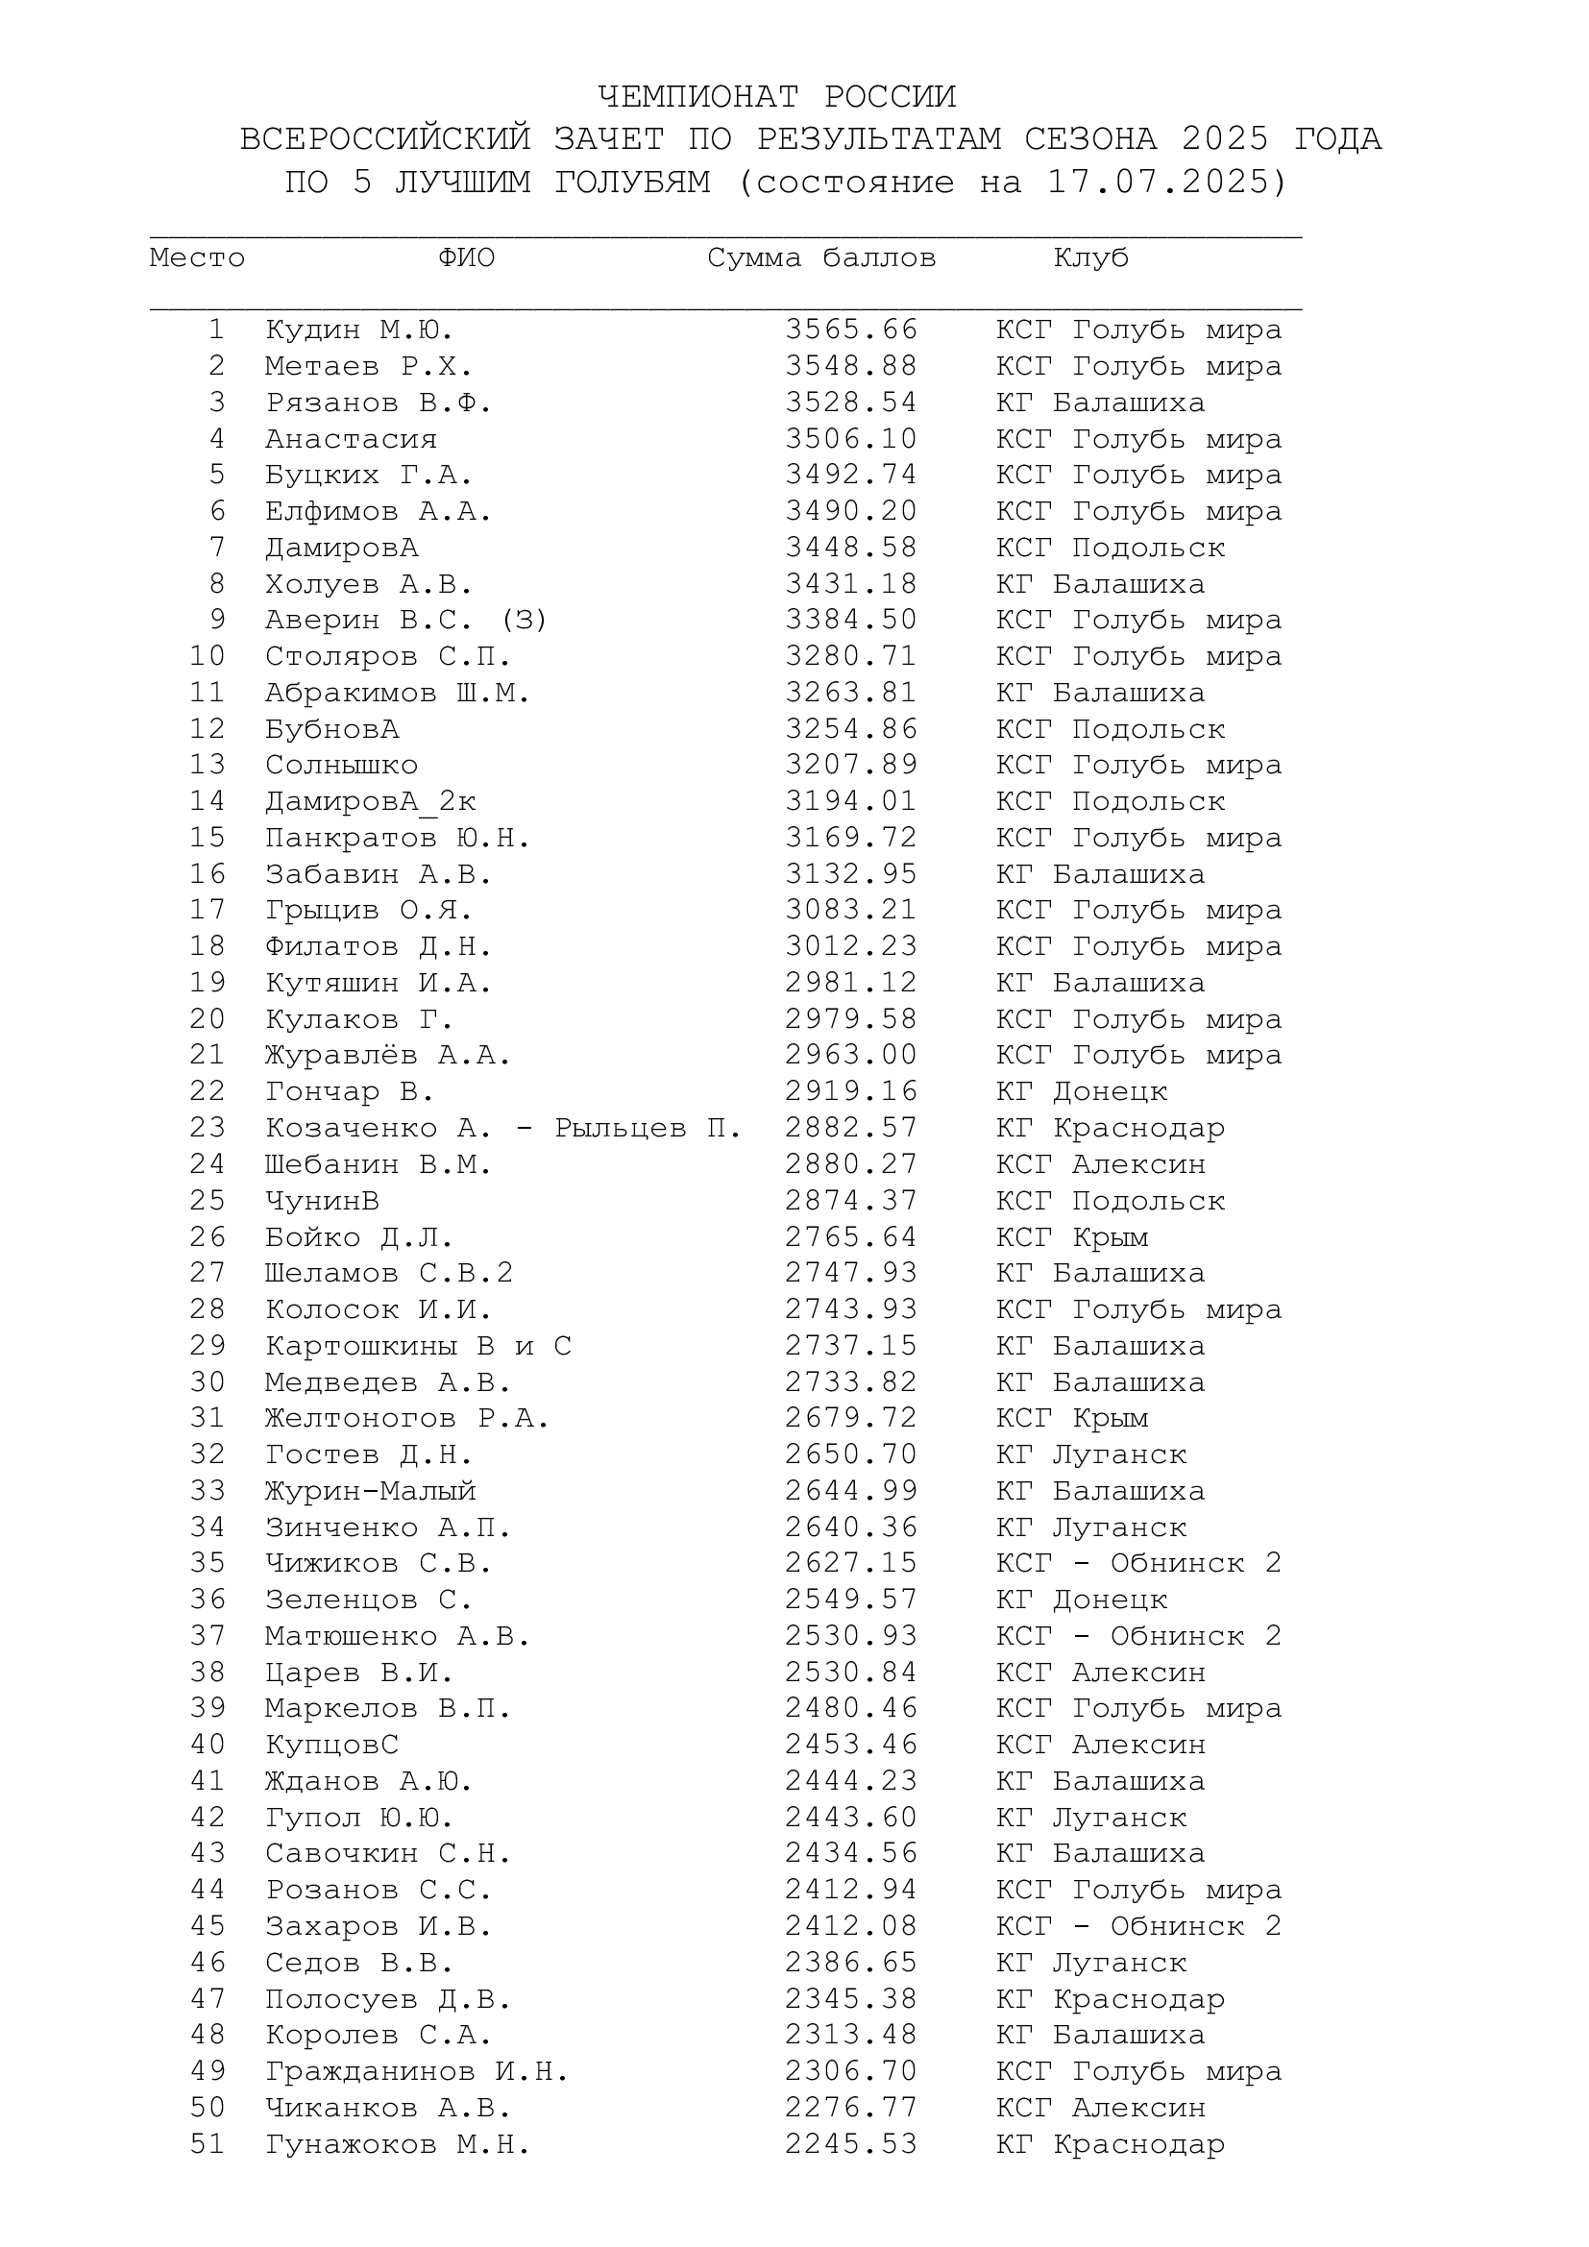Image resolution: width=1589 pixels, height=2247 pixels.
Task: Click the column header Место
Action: click(197, 258)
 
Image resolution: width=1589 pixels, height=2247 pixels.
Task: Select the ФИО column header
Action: click(466, 258)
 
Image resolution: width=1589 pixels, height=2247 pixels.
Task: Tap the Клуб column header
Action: click(1091, 258)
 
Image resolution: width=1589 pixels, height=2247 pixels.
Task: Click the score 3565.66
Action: click(851, 330)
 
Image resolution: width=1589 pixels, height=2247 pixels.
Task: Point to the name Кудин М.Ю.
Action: click(359, 330)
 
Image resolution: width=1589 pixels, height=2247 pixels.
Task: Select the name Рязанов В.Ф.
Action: click(379, 403)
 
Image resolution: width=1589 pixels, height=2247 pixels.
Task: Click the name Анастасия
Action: click(351, 439)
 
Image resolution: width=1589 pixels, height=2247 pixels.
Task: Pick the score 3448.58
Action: click(851, 548)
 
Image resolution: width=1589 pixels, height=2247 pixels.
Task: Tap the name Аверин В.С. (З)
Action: click(406, 621)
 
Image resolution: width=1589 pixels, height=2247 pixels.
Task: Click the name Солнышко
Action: click(340, 766)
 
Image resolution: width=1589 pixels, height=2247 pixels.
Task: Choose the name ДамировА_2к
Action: click(370, 801)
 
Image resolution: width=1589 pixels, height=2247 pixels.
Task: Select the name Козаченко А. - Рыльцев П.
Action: click(502, 1129)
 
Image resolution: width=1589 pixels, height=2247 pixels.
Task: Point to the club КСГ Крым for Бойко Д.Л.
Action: click(1071, 1237)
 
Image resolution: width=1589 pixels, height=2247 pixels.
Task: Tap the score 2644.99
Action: click(851, 1491)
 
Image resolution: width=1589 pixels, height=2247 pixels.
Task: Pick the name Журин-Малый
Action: click(370, 1491)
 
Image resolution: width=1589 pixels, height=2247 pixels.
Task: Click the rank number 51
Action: click(208, 2144)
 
